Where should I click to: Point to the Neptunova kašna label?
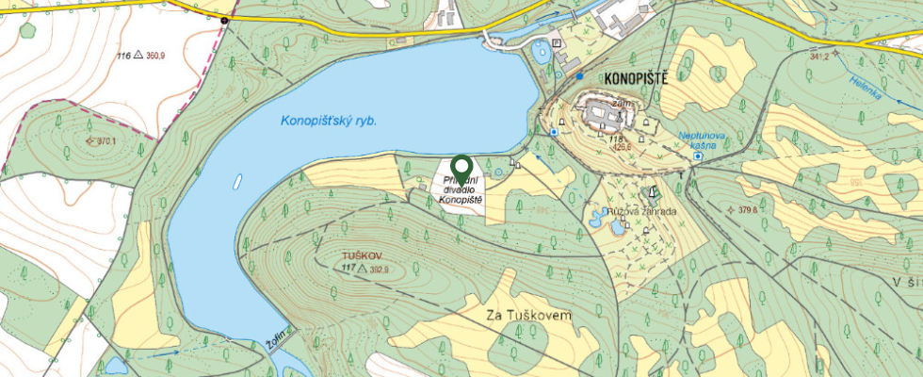point(704,140)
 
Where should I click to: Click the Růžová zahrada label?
point(644,212)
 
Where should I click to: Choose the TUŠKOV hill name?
point(363,255)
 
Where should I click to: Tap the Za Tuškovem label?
point(528,317)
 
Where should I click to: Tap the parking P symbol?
point(557,43)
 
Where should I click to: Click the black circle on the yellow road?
point(224,20)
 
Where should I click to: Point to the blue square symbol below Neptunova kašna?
point(697,156)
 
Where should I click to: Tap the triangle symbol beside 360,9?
point(138,57)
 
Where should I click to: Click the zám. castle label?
point(620,104)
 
